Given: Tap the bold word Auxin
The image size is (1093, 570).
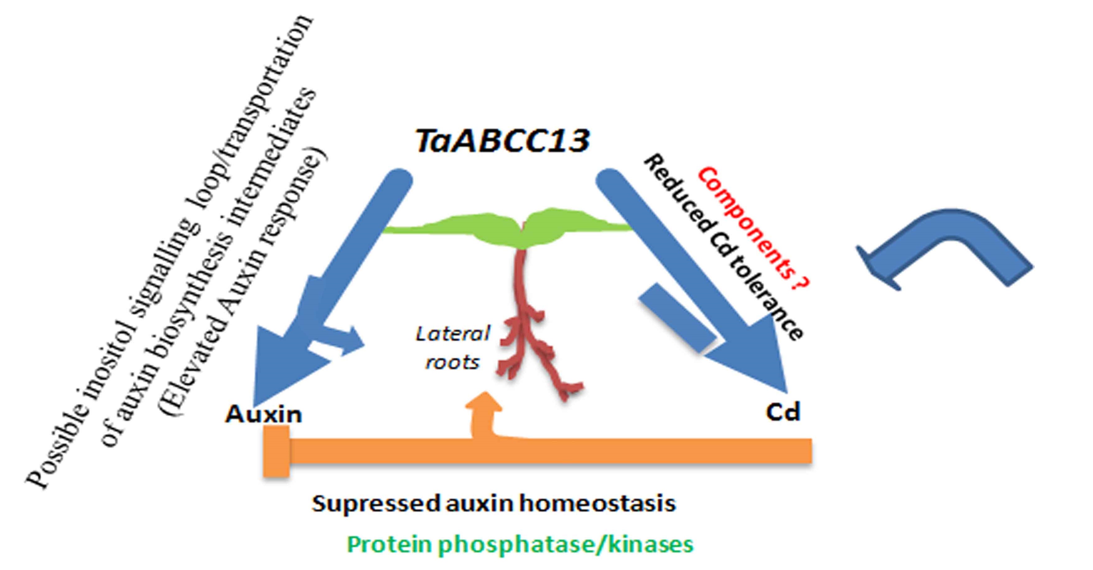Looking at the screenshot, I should point(264,414).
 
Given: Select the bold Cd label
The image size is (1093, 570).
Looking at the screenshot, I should point(783,411).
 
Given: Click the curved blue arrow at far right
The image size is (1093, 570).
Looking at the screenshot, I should point(946,250).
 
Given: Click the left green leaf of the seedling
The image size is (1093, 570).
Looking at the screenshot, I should point(454,227).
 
